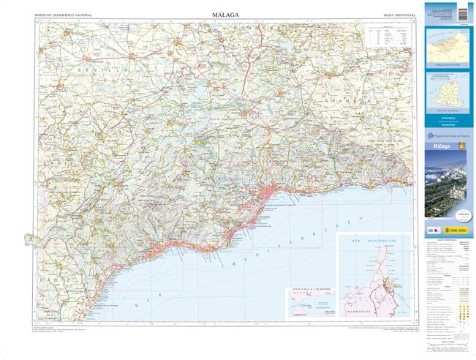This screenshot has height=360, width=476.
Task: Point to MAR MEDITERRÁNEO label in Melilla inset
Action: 369,239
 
